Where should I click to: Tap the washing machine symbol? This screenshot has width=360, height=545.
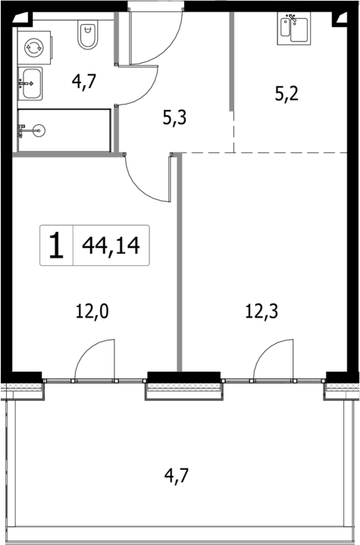coord(33,46)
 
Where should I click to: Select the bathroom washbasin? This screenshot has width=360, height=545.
coord(31,82)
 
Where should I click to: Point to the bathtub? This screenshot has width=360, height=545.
coord(64,130)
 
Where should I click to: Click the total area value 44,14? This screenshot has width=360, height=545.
coord(111,246)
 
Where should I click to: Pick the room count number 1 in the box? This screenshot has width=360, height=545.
coord(56,246)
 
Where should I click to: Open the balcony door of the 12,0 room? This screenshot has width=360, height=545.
coord(95,362)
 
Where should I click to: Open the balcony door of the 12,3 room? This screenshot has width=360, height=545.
coord(274,362)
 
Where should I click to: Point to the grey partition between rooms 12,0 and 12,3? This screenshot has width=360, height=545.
coord(180,265)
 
